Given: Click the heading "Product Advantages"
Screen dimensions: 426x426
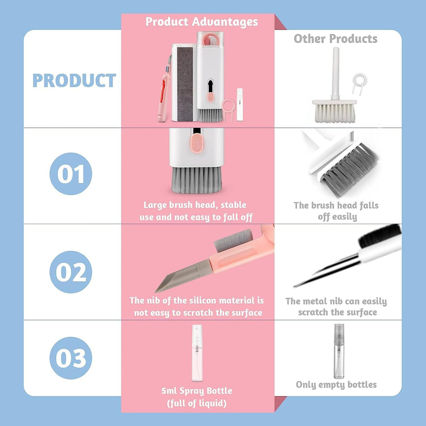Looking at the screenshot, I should [202, 22].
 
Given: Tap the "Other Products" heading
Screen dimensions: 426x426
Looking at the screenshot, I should [335, 39].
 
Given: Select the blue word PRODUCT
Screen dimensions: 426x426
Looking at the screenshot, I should [74, 81].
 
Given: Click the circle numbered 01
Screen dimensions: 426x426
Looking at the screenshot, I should [71, 174].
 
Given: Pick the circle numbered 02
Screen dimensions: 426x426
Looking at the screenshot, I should [71, 272].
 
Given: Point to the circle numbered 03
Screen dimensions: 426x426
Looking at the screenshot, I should [71, 358].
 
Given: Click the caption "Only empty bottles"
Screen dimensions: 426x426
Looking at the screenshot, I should [336, 385].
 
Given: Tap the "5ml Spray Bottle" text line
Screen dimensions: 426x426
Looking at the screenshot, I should [197, 391].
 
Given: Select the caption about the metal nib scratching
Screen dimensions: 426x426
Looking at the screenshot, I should [336, 307].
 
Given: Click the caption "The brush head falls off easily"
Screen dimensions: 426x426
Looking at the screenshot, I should [336, 211].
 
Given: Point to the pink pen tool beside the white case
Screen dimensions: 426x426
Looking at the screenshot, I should [163, 92].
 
